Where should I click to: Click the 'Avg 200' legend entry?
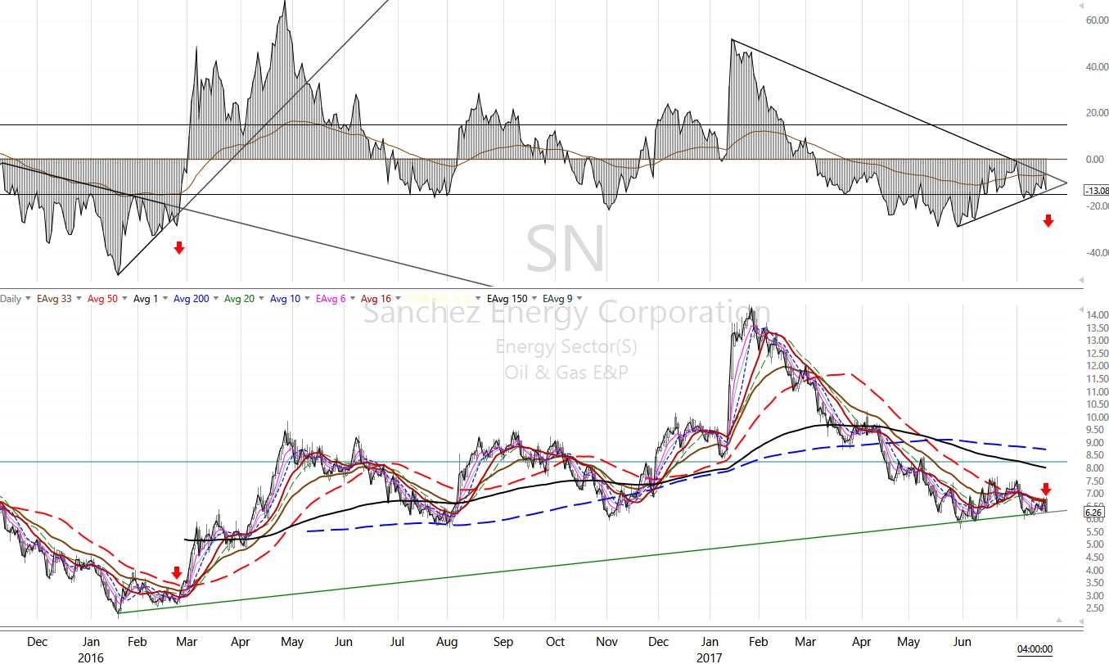pos(192,299)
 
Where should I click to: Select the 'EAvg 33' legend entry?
pos(54,299)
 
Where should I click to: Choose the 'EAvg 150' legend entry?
pos(507,299)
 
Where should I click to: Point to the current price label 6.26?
pos(1093,514)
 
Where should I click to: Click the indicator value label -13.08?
pos(1096,190)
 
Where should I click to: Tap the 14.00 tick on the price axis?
pos(1098,315)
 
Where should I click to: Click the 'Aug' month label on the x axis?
pos(447,642)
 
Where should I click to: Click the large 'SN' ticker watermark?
pos(566,248)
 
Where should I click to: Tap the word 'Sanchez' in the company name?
pos(412,313)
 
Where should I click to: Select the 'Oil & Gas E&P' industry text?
pos(566,373)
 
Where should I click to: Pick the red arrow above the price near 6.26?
pos(1045,490)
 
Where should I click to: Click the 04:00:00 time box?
pos(1035,649)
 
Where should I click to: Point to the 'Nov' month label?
pos(606,642)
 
